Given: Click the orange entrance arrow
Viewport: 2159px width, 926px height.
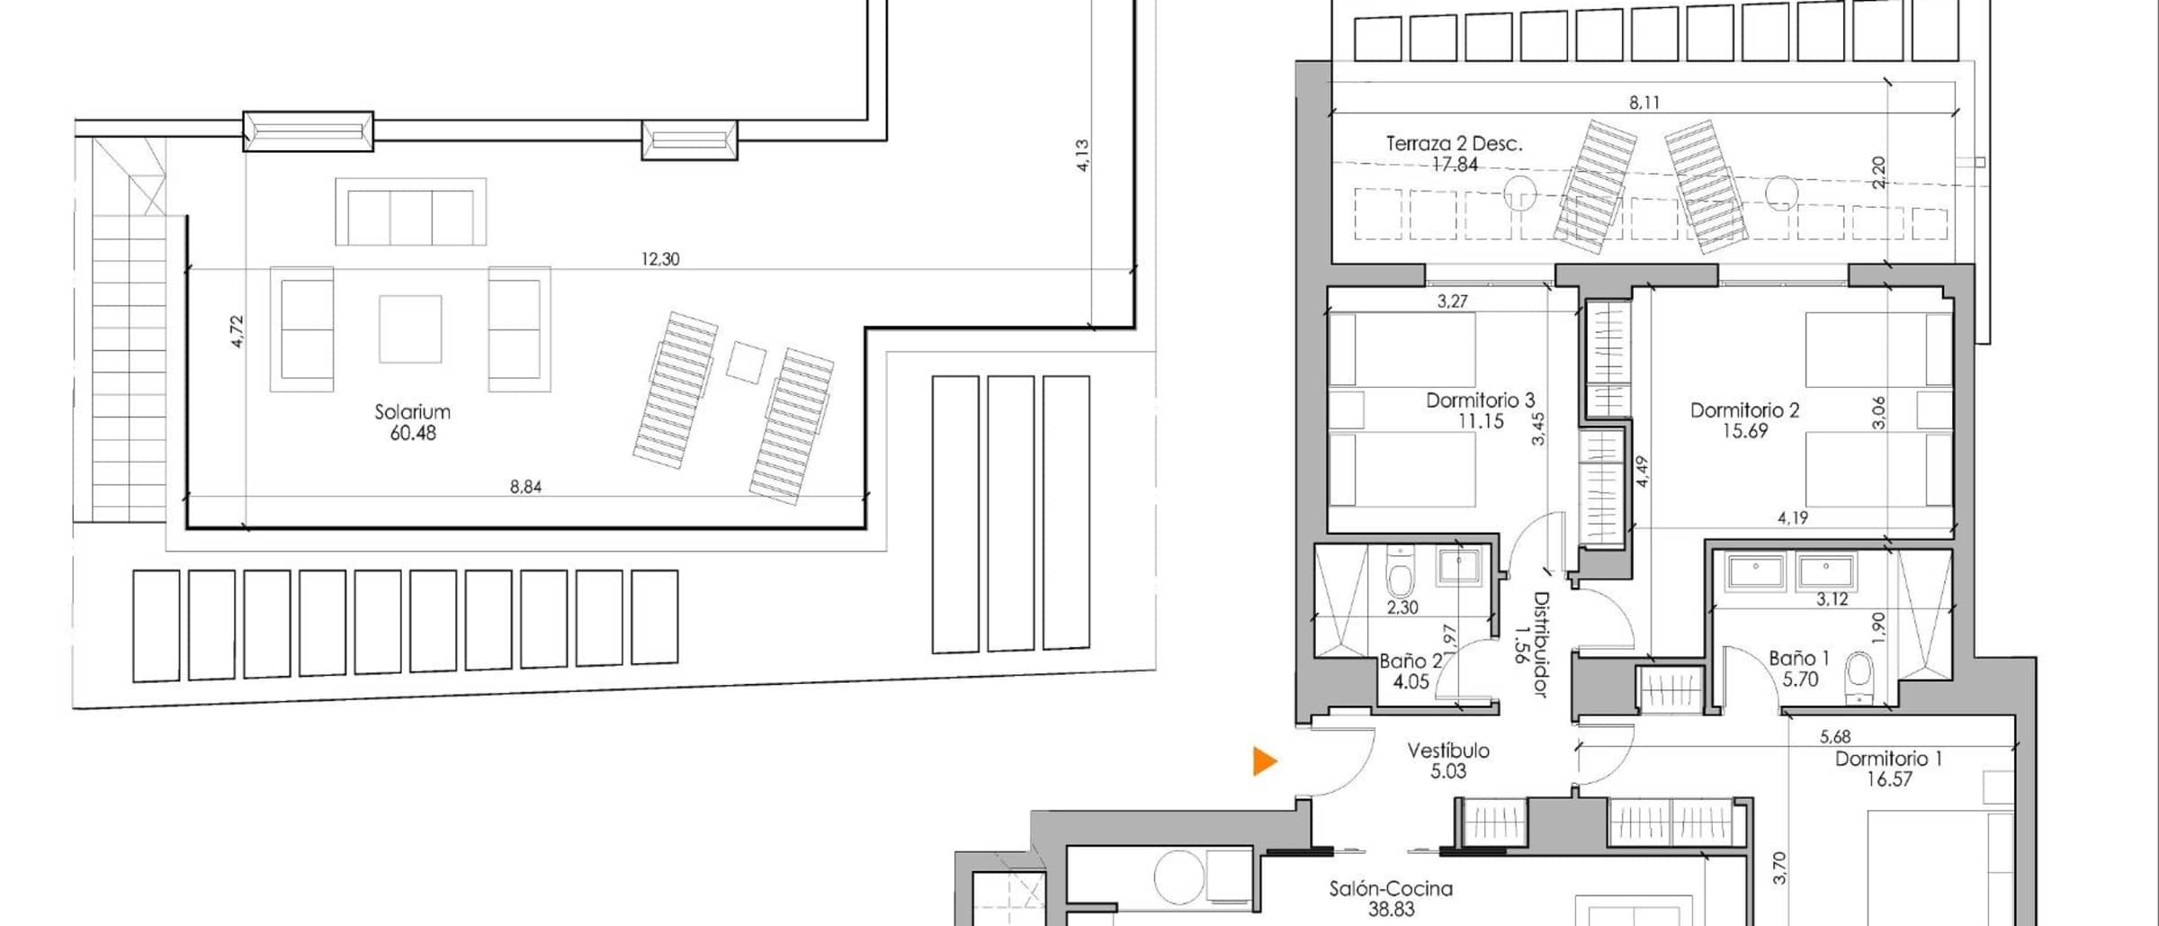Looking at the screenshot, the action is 1264,761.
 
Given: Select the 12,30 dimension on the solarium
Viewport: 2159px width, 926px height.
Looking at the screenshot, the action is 660,259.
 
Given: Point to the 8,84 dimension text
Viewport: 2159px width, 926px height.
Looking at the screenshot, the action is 525,487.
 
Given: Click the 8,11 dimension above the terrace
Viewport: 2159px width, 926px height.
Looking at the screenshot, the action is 1644,103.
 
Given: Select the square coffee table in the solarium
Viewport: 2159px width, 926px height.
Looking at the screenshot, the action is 410,329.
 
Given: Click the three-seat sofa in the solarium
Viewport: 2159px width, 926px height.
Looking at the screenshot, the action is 411,212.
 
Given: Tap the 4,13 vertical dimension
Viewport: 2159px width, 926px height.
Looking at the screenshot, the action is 1082,156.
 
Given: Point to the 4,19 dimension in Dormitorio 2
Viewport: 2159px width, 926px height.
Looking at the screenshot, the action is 1793,518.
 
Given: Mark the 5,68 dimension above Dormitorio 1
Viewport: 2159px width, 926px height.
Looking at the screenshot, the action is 1835,737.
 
